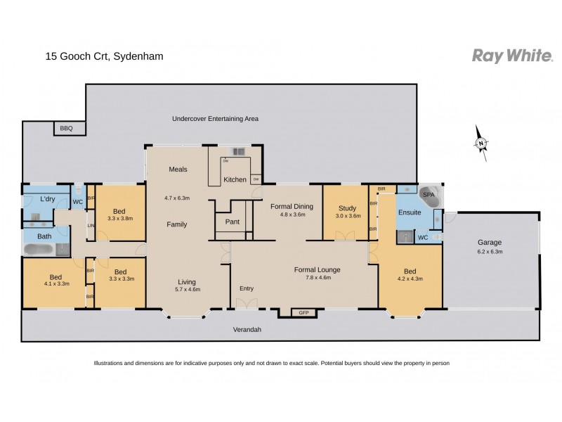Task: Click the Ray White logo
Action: click(511, 56)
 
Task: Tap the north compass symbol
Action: click(481, 144)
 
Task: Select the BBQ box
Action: click(67, 128)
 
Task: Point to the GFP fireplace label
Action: click(304, 312)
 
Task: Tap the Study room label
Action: click(347, 208)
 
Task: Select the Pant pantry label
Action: click(232, 222)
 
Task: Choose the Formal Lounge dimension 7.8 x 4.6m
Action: click(317, 277)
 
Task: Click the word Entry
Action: click(247, 288)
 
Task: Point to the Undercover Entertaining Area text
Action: click(215, 119)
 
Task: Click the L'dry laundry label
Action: click(48, 199)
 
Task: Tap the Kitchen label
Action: click(235, 179)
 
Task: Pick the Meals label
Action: click(178, 170)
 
